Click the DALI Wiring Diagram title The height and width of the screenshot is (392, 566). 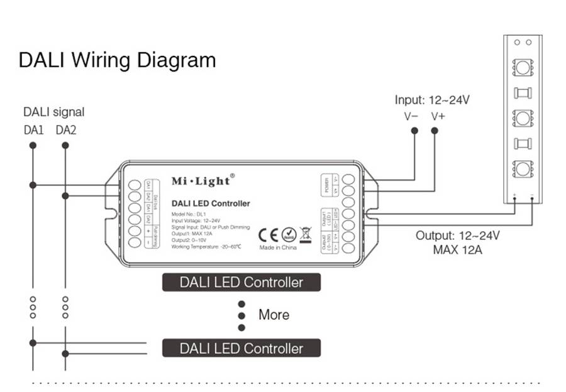[x=117, y=60]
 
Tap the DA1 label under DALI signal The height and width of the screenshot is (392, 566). [x=33, y=131]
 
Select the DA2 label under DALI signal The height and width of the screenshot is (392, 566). [x=65, y=131]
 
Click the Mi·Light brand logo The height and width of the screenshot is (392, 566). [x=201, y=181]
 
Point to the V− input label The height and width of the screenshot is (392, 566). [x=411, y=116]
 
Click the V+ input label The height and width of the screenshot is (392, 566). [x=439, y=116]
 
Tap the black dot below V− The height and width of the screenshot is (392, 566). [x=414, y=131]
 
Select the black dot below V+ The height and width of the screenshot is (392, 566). [x=435, y=131]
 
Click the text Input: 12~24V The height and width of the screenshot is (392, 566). [x=433, y=100]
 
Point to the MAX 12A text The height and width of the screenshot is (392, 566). [x=457, y=249]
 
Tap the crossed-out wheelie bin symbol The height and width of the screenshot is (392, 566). [x=306, y=234]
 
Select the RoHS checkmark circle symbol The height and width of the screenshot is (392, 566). [x=289, y=234]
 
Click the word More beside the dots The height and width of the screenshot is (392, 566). [x=274, y=315]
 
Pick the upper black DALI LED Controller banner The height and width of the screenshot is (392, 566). [x=241, y=282]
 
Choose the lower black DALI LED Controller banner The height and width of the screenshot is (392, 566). [x=241, y=348]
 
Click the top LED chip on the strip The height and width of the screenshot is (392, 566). [x=523, y=66]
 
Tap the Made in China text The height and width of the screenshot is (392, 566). [x=278, y=248]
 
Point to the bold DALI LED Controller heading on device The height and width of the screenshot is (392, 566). [x=211, y=203]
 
